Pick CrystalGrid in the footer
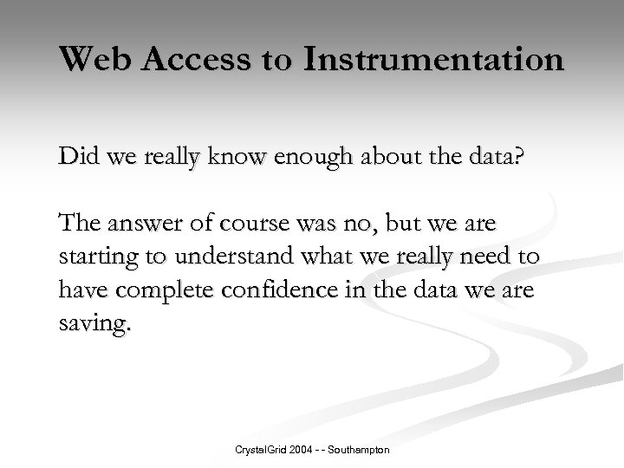pyautogui.click(x=258, y=451)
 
